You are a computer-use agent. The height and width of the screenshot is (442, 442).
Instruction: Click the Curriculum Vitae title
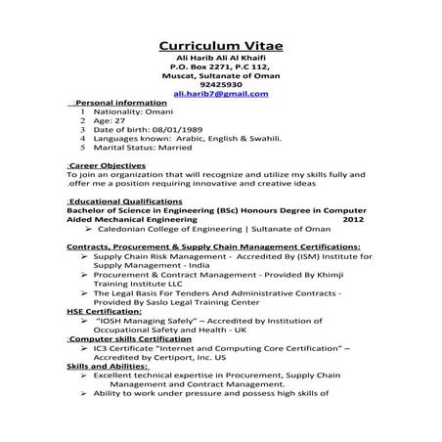tap(220, 47)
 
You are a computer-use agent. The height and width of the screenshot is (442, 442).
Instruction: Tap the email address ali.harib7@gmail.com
tap(220, 94)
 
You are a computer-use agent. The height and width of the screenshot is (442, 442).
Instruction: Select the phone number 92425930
tap(220, 85)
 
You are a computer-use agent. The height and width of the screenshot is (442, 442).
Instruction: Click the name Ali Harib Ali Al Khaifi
tap(220, 60)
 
